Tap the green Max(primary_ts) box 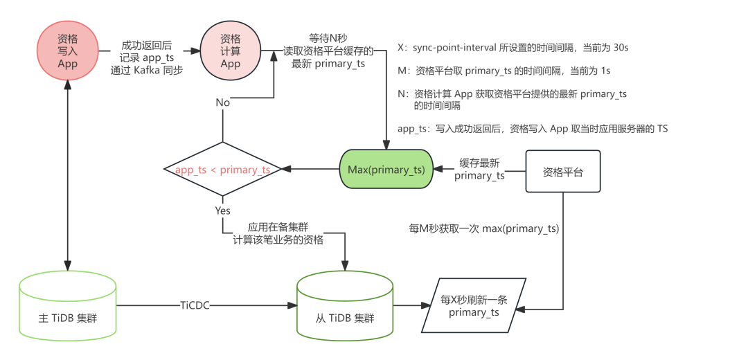click(x=385, y=170)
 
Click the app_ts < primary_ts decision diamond click(x=222, y=170)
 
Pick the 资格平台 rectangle click(x=562, y=172)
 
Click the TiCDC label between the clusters click(x=194, y=305)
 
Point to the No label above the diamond click(x=222, y=102)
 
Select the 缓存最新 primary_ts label click(x=479, y=169)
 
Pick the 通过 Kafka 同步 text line click(x=147, y=70)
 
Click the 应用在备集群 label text click(x=278, y=227)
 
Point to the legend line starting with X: click(x=513, y=48)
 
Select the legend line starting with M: click(x=503, y=71)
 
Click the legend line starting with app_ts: click(x=532, y=129)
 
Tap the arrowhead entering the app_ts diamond click(x=285, y=170)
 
